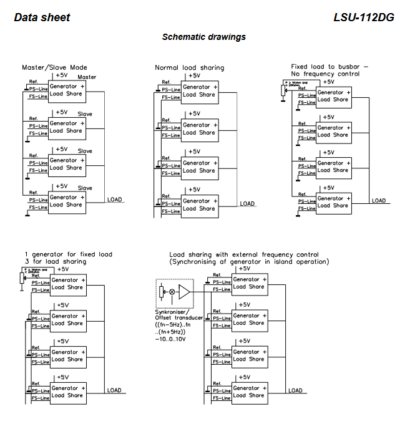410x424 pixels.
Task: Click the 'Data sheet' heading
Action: (x=42, y=17)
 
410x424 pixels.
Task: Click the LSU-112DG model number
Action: (x=364, y=17)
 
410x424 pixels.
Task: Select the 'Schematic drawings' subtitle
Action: (x=204, y=37)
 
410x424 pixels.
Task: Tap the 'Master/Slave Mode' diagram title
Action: (x=55, y=67)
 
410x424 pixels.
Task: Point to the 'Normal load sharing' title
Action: (x=189, y=67)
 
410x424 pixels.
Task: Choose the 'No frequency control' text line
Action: (x=325, y=74)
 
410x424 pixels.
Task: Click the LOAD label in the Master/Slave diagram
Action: (x=114, y=200)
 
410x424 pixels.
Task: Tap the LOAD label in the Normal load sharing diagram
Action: (x=247, y=203)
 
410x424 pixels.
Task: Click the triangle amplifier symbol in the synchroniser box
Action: (x=185, y=292)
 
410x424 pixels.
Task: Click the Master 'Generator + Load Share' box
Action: (x=66, y=90)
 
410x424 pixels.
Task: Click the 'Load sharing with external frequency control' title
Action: (x=244, y=254)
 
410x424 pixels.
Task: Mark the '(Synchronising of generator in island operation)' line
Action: (x=249, y=261)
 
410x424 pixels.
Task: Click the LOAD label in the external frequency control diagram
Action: (x=295, y=390)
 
